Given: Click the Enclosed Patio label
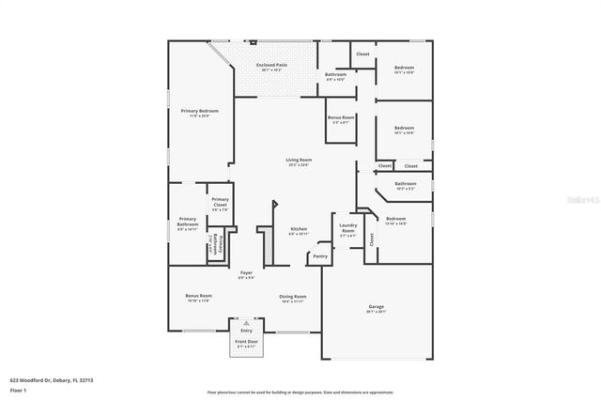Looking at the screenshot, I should pos(272,65).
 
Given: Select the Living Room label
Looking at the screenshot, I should pos(299,160).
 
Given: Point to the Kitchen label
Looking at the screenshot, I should pos(299,229).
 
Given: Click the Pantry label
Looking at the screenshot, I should pos(320,255).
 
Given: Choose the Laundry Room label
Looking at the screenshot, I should pos(347,228).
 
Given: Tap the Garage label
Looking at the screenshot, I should pos(376,307).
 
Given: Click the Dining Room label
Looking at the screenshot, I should pos(293,297).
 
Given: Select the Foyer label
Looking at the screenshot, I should pos(246,273).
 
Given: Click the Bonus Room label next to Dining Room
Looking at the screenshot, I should pos(198,297).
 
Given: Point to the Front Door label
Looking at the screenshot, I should pos(246,344).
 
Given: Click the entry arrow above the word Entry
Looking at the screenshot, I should pos(246,324).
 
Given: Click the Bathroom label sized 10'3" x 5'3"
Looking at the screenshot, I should pos(406,184).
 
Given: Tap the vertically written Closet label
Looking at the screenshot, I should pos(371,239).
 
